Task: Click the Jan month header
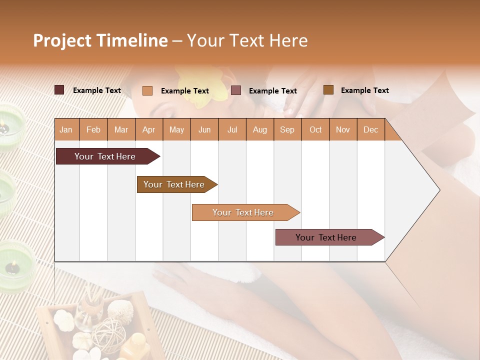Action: click(66, 129)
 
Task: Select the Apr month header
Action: click(149, 129)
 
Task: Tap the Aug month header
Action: click(260, 129)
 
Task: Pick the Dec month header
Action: click(370, 129)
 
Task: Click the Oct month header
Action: click(315, 129)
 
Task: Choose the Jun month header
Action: click(204, 129)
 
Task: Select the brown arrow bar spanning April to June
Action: click(175, 184)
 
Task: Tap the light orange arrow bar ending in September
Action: click(244, 212)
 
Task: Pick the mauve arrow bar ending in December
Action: click(327, 237)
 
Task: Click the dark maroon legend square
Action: click(59, 90)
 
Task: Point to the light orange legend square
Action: click(147, 90)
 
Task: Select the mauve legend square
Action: click(236, 90)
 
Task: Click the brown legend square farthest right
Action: click(328, 90)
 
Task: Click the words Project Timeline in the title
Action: click(100, 40)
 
